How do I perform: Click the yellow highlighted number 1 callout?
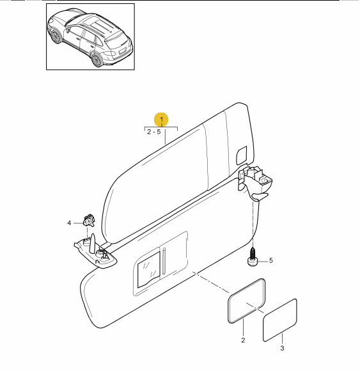click(161, 119)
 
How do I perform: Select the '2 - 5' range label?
click(154, 132)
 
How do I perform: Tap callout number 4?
click(69, 223)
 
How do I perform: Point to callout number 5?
click(271, 260)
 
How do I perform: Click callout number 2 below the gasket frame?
click(243, 340)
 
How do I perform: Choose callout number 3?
click(282, 348)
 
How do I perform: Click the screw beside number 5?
click(253, 257)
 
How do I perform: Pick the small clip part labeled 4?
click(88, 220)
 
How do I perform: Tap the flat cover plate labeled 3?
click(280, 320)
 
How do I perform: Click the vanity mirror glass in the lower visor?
click(148, 269)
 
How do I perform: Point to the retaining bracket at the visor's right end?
click(255, 182)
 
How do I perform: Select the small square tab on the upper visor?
click(242, 155)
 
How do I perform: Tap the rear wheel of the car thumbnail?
click(97, 60)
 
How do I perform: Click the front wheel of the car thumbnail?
click(55, 36)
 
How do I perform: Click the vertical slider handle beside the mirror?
click(164, 261)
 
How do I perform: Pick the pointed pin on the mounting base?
click(92, 243)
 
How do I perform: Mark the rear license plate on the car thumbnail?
click(122, 51)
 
